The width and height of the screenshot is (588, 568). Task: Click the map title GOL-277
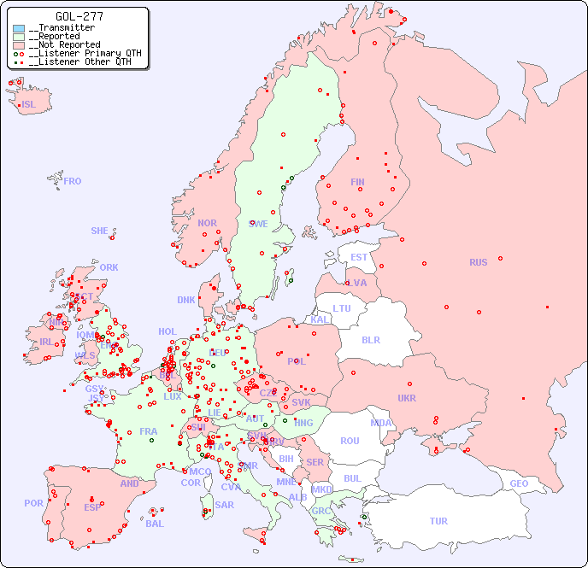(x=80, y=16)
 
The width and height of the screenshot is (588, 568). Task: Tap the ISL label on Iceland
(x=29, y=105)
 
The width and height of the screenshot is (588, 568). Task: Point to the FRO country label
(x=73, y=181)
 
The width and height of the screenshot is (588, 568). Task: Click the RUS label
(x=478, y=262)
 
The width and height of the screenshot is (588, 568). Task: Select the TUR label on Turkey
(x=438, y=521)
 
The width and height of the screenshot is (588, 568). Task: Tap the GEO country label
(x=519, y=483)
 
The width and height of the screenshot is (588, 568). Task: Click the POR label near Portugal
(x=33, y=503)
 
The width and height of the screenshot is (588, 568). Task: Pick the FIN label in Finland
(x=357, y=182)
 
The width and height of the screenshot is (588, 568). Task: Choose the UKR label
(x=407, y=398)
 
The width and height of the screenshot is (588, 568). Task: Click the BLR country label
(x=370, y=339)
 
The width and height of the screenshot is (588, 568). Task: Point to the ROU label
(x=350, y=441)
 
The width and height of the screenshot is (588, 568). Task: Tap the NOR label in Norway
(x=207, y=223)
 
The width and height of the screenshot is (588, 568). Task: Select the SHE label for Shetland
(x=100, y=231)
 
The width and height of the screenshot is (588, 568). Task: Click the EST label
(x=359, y=257)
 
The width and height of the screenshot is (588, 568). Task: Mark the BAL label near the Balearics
(x=154, y=524)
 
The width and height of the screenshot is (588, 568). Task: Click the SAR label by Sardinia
(x=224, y=505)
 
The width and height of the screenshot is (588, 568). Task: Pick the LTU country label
(x=342, y=308)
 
